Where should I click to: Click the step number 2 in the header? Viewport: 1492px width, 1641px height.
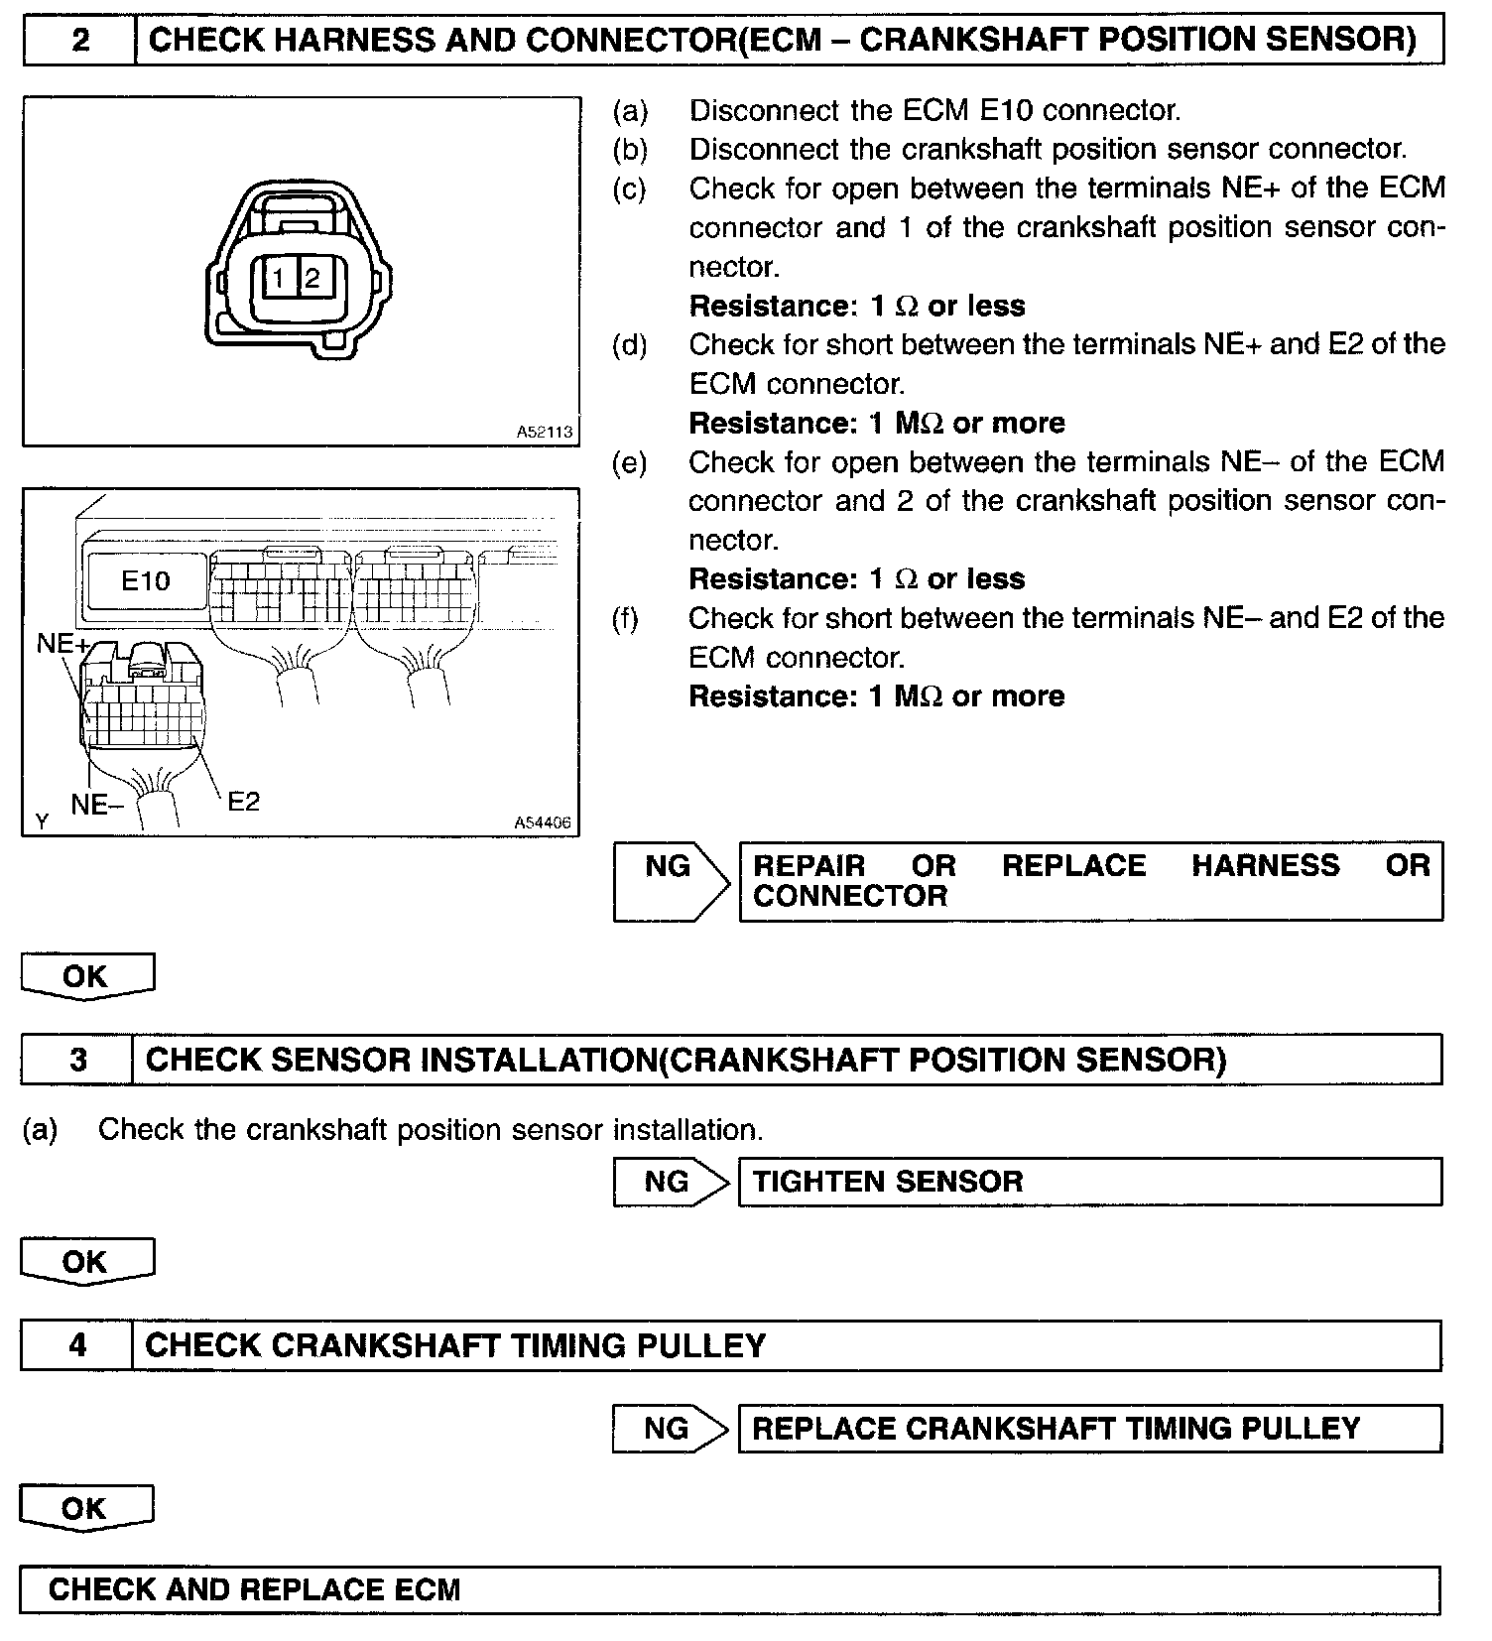tap(80, 41)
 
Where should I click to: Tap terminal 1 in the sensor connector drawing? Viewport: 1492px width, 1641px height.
tap(280, 279)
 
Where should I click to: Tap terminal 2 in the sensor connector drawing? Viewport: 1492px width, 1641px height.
tap(312, 279)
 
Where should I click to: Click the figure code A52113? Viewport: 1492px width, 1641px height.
tap(545, 432)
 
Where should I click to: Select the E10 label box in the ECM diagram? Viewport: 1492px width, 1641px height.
tap(145, 580)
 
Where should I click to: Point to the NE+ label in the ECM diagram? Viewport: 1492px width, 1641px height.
tap(62, 644)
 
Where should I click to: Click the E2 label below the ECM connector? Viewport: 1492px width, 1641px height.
tap(243, 802)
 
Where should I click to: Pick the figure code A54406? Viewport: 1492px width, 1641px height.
tap(543, 822)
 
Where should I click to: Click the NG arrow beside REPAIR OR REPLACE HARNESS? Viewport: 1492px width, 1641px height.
tap(671, 881)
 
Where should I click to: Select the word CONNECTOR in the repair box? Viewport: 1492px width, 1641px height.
tap(850, 897)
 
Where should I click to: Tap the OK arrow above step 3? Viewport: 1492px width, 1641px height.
tap(86, 976)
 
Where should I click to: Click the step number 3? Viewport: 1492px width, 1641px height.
tap(77, 1061)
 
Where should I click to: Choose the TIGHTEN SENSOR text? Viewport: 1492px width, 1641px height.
tap(888, 1182)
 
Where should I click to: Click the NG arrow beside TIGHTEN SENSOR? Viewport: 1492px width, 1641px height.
tap(669, 1182)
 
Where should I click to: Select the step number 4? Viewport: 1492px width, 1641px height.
tap(77, 1345)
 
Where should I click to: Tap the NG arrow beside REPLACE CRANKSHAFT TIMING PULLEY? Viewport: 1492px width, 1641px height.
tap(669, 1429)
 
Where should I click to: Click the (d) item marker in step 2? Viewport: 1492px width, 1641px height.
tap(630, 345)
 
